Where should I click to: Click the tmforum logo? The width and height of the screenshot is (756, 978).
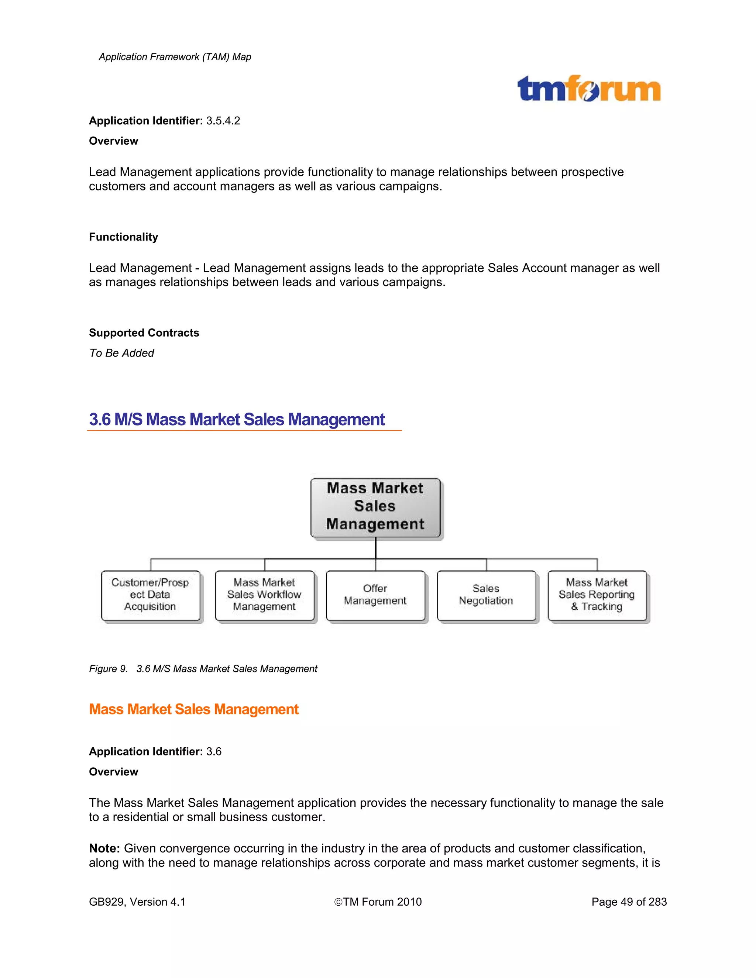point(588,89)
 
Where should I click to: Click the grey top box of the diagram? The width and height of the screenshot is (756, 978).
point(375,507)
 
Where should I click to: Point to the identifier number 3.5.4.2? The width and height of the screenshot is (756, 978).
point(223,121)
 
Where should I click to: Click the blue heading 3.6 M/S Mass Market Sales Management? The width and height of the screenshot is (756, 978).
point(237,420)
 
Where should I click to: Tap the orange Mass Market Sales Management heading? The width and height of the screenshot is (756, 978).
point(193,709)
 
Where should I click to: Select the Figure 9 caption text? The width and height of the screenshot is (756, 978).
point(203,669)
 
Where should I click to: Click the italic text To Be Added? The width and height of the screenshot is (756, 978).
point(121,353)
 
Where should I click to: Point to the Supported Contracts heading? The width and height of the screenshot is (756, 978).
point(144,333)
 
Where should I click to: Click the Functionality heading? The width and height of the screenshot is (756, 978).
point(124,237)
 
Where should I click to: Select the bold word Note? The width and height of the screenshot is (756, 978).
point(104,848)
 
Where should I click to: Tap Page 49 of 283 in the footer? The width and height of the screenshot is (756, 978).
point(629,902)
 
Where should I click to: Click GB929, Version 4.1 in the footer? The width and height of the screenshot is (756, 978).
point(137,902)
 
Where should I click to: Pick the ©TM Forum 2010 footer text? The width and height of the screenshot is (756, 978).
point(378,902)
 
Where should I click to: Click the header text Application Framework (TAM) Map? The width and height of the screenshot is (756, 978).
point(175,57)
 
